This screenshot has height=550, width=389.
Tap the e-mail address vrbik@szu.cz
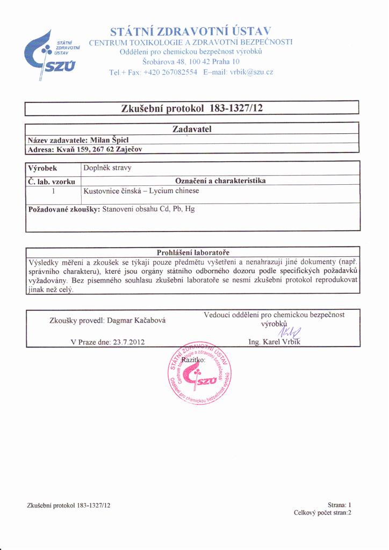[251, 72]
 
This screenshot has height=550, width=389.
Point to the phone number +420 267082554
[171, 72]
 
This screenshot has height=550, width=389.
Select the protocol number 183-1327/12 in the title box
[236, 108]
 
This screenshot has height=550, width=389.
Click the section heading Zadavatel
[192, 129]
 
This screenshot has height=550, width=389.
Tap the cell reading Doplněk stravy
[107, 168]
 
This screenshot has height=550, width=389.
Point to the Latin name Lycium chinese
[174, 191]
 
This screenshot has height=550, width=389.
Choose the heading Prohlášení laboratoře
[192, 252]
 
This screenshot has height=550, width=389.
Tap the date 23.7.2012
[126, 342]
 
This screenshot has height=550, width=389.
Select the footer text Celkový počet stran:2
[322, 513]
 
